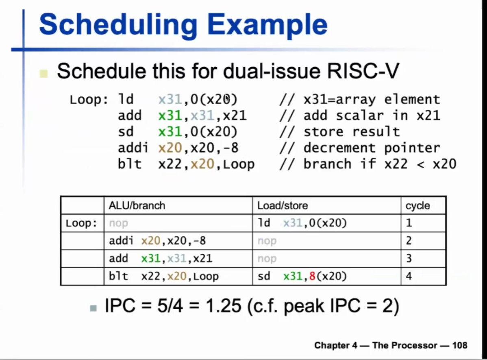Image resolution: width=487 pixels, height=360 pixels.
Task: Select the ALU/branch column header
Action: tap(137, 205)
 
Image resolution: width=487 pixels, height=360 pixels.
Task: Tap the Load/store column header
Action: tap(283, 205)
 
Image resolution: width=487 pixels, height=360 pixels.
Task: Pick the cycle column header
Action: tap(418, 205)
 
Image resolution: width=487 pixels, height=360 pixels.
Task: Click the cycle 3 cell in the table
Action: tap(409, 258)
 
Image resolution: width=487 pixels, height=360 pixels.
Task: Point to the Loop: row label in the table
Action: tap(81, 223)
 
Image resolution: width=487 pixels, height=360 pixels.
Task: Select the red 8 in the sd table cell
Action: tap(312, 276)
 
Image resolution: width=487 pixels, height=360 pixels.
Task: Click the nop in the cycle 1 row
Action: tap(118, 223)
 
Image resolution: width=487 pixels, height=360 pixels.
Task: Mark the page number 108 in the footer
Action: tap(460, 345)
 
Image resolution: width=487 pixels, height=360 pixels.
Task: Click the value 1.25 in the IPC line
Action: tap(223, 305)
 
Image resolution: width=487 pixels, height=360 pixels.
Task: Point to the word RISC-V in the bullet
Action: tap(363, 71)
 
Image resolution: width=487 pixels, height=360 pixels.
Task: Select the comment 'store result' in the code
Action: tap(352, 131)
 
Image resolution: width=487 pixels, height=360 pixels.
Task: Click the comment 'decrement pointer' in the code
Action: tap(372, 148)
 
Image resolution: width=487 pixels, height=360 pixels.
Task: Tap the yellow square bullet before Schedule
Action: tap(43, 73)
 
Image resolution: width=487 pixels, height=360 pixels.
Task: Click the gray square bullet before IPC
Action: tap(93, 308)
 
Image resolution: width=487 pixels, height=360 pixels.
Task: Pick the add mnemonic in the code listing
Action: tap(130, 116)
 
